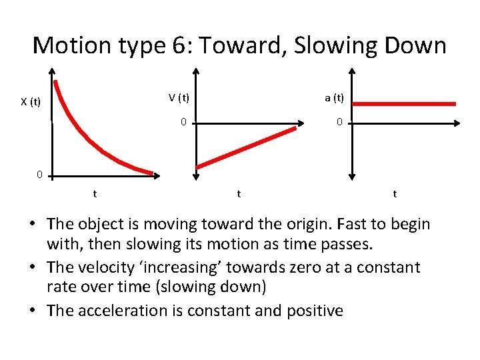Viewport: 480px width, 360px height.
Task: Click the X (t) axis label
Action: pyautogui.click(x=31, y=102)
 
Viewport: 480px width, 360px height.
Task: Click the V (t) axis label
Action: pyautogui.click(x=179, y=97)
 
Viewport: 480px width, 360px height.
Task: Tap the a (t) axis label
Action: pyautogui.click(x=334, y=97)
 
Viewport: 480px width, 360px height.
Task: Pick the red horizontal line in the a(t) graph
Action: pyautogui.click(x=404, y=104)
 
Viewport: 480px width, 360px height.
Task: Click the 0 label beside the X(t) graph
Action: pyautogui.click(x=39, y=175)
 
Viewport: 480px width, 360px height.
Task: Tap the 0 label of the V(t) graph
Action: pyautogui.click(x=183, y=123)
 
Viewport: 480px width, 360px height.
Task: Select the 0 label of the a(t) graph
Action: pyautogui.click(x=339, y=123)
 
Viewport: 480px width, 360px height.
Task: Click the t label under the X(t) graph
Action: pyautogui.click(x=95, y=194)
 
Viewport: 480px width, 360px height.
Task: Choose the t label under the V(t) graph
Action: pyautogui.click(x=239, y=194)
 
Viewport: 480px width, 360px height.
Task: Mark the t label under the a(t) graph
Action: pyautogui.click(x=395, y=194)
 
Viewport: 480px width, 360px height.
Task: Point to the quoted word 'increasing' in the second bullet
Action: pyautogui.click(x=221, y=267)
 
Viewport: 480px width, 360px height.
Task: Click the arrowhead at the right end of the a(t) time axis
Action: pyautogui.click(x=456, y=123)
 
